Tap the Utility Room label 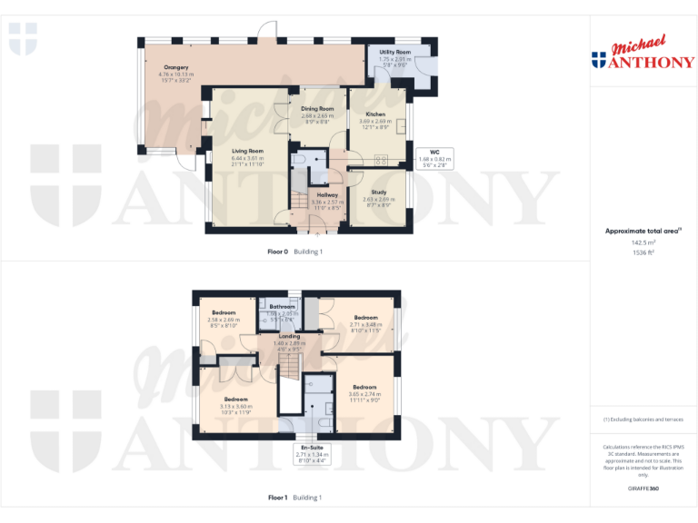(x=394, y=53)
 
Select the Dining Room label (x=317, y=109)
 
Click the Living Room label (x=247, y=151)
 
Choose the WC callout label (x=434, y=153)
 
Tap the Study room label (x=378, y=192)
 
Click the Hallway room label (x=327, y=195)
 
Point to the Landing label (x=290, y=336)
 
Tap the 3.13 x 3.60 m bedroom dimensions (x=236, y=407)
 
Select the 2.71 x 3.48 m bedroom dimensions (x=365, y=324)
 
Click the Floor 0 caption (x=277, y=252)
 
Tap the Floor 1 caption (x=277, y=498)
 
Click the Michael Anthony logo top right (x=643, y=54)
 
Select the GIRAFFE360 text (x=643, y=489)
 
